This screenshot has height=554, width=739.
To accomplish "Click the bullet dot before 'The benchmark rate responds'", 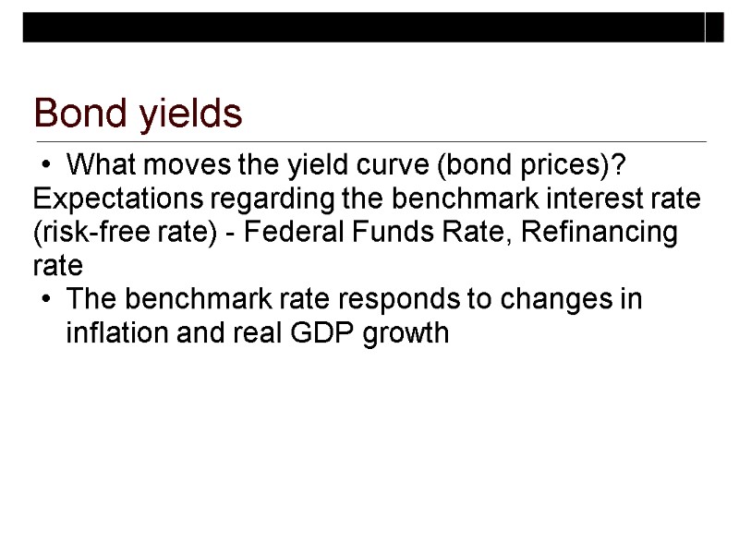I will coord(46,301).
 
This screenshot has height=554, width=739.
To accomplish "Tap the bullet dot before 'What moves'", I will coord(46,167).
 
